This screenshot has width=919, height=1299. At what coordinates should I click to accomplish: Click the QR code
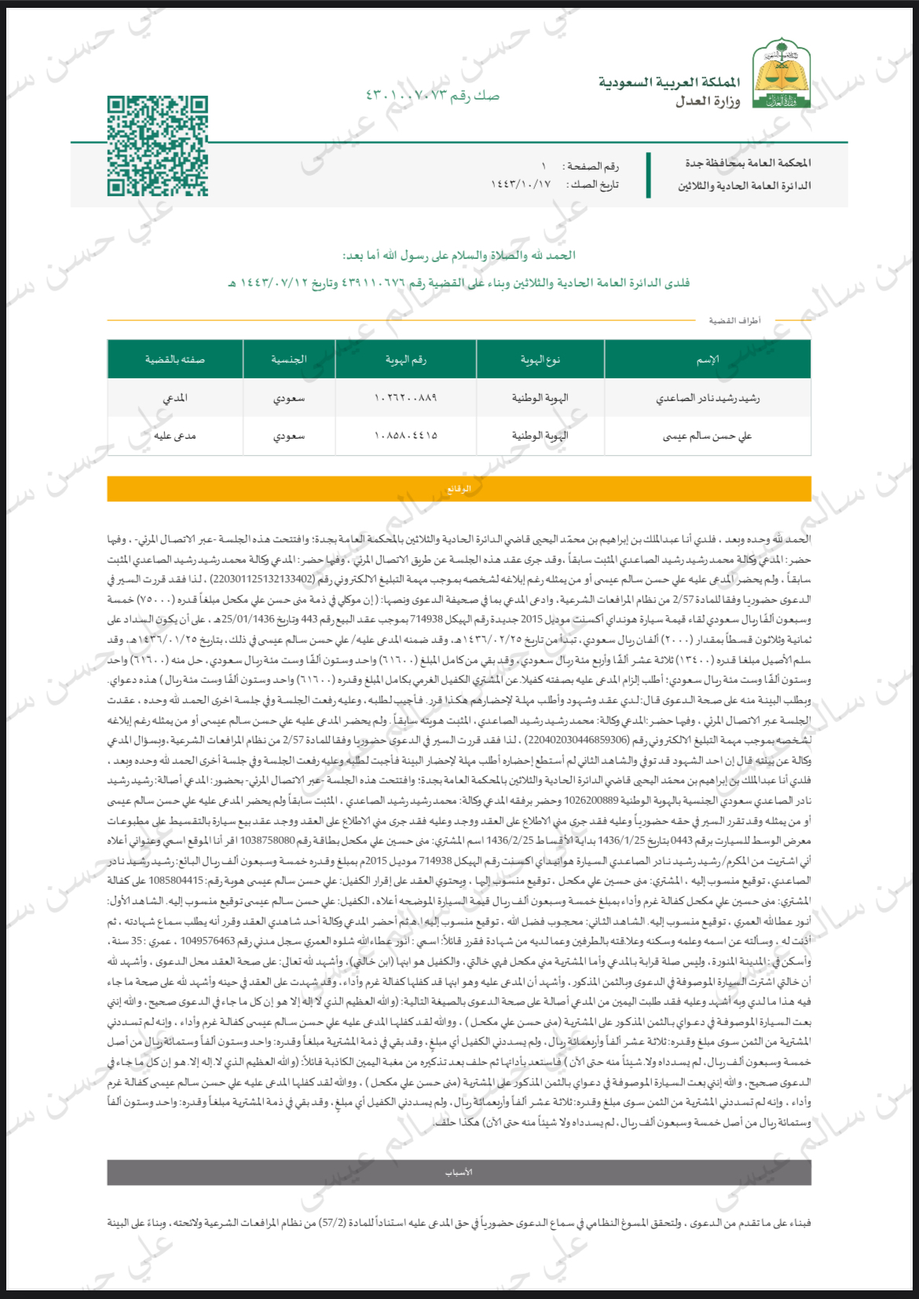158,146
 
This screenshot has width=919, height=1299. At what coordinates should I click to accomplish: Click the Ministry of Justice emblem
782,74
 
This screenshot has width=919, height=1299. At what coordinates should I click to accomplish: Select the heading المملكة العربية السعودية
668,82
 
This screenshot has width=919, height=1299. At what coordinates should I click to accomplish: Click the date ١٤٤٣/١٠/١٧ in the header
521,184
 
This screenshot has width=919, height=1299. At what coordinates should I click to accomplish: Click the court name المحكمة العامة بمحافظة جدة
747,163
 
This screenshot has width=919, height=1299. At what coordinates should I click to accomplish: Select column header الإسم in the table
707,359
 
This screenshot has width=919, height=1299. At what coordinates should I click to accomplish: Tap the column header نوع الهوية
540,359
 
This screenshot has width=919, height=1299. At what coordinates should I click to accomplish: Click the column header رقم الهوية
405,359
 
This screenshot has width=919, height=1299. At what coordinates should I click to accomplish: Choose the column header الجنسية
288,359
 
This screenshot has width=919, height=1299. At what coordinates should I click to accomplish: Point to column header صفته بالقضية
174,359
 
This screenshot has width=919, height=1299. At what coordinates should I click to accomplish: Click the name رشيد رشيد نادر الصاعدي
707,398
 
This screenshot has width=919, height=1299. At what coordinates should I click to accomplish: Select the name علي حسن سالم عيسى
707,436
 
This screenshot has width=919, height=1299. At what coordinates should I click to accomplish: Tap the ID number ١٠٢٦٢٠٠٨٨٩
405,398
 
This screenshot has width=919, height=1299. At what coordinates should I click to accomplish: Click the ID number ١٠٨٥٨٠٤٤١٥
405,436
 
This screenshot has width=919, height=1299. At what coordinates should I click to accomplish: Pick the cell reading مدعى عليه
174,436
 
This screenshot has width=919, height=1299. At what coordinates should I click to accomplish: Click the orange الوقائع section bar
459,488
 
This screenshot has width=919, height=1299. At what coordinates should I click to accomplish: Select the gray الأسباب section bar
459,1172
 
